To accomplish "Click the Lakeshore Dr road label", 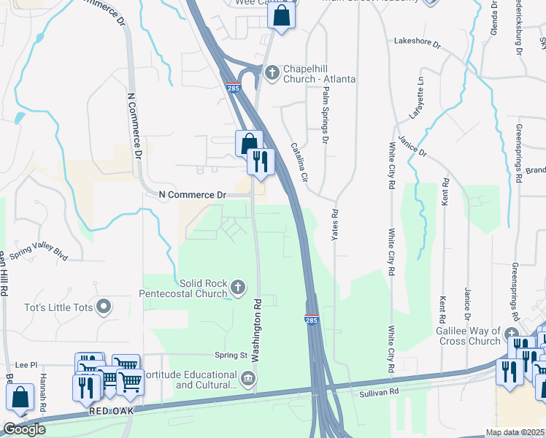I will coord(418,44).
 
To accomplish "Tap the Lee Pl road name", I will coord(26,364).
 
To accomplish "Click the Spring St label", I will coord(231,355).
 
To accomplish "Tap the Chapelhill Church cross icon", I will coord(272,72).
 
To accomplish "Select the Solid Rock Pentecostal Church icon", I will coord(238,288).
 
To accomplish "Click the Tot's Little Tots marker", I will coord(104,307).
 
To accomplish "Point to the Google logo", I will coord(24,429).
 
